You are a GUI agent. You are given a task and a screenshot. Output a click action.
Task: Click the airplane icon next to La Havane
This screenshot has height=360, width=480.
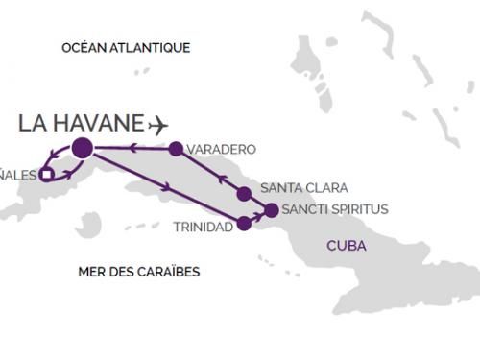[x=158, y=124]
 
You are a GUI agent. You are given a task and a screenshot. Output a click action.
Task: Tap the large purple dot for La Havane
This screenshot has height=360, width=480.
[x=82, y=148]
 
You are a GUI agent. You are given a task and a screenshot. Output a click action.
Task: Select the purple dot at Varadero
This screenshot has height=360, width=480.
[x=175, y=149]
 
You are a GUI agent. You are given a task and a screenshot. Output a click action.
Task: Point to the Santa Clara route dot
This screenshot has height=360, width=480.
[x=244, y=194]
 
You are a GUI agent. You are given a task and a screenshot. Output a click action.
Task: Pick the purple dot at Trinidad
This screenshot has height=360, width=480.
[x=244, y=224]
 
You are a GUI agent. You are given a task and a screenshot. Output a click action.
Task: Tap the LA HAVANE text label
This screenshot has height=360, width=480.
[x=82, y=123]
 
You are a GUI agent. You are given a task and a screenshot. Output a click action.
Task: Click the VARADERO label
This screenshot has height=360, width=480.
[x=222, y=150]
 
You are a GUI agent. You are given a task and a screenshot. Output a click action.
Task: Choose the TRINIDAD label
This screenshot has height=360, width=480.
[x=204, y=228]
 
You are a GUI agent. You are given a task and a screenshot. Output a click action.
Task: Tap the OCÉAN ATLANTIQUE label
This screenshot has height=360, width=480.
[x=125, y=47]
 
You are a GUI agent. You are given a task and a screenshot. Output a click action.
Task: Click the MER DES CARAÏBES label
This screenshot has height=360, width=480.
[x=138, y=272]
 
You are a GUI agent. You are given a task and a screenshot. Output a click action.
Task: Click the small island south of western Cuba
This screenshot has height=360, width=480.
[x=88, y=225]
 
